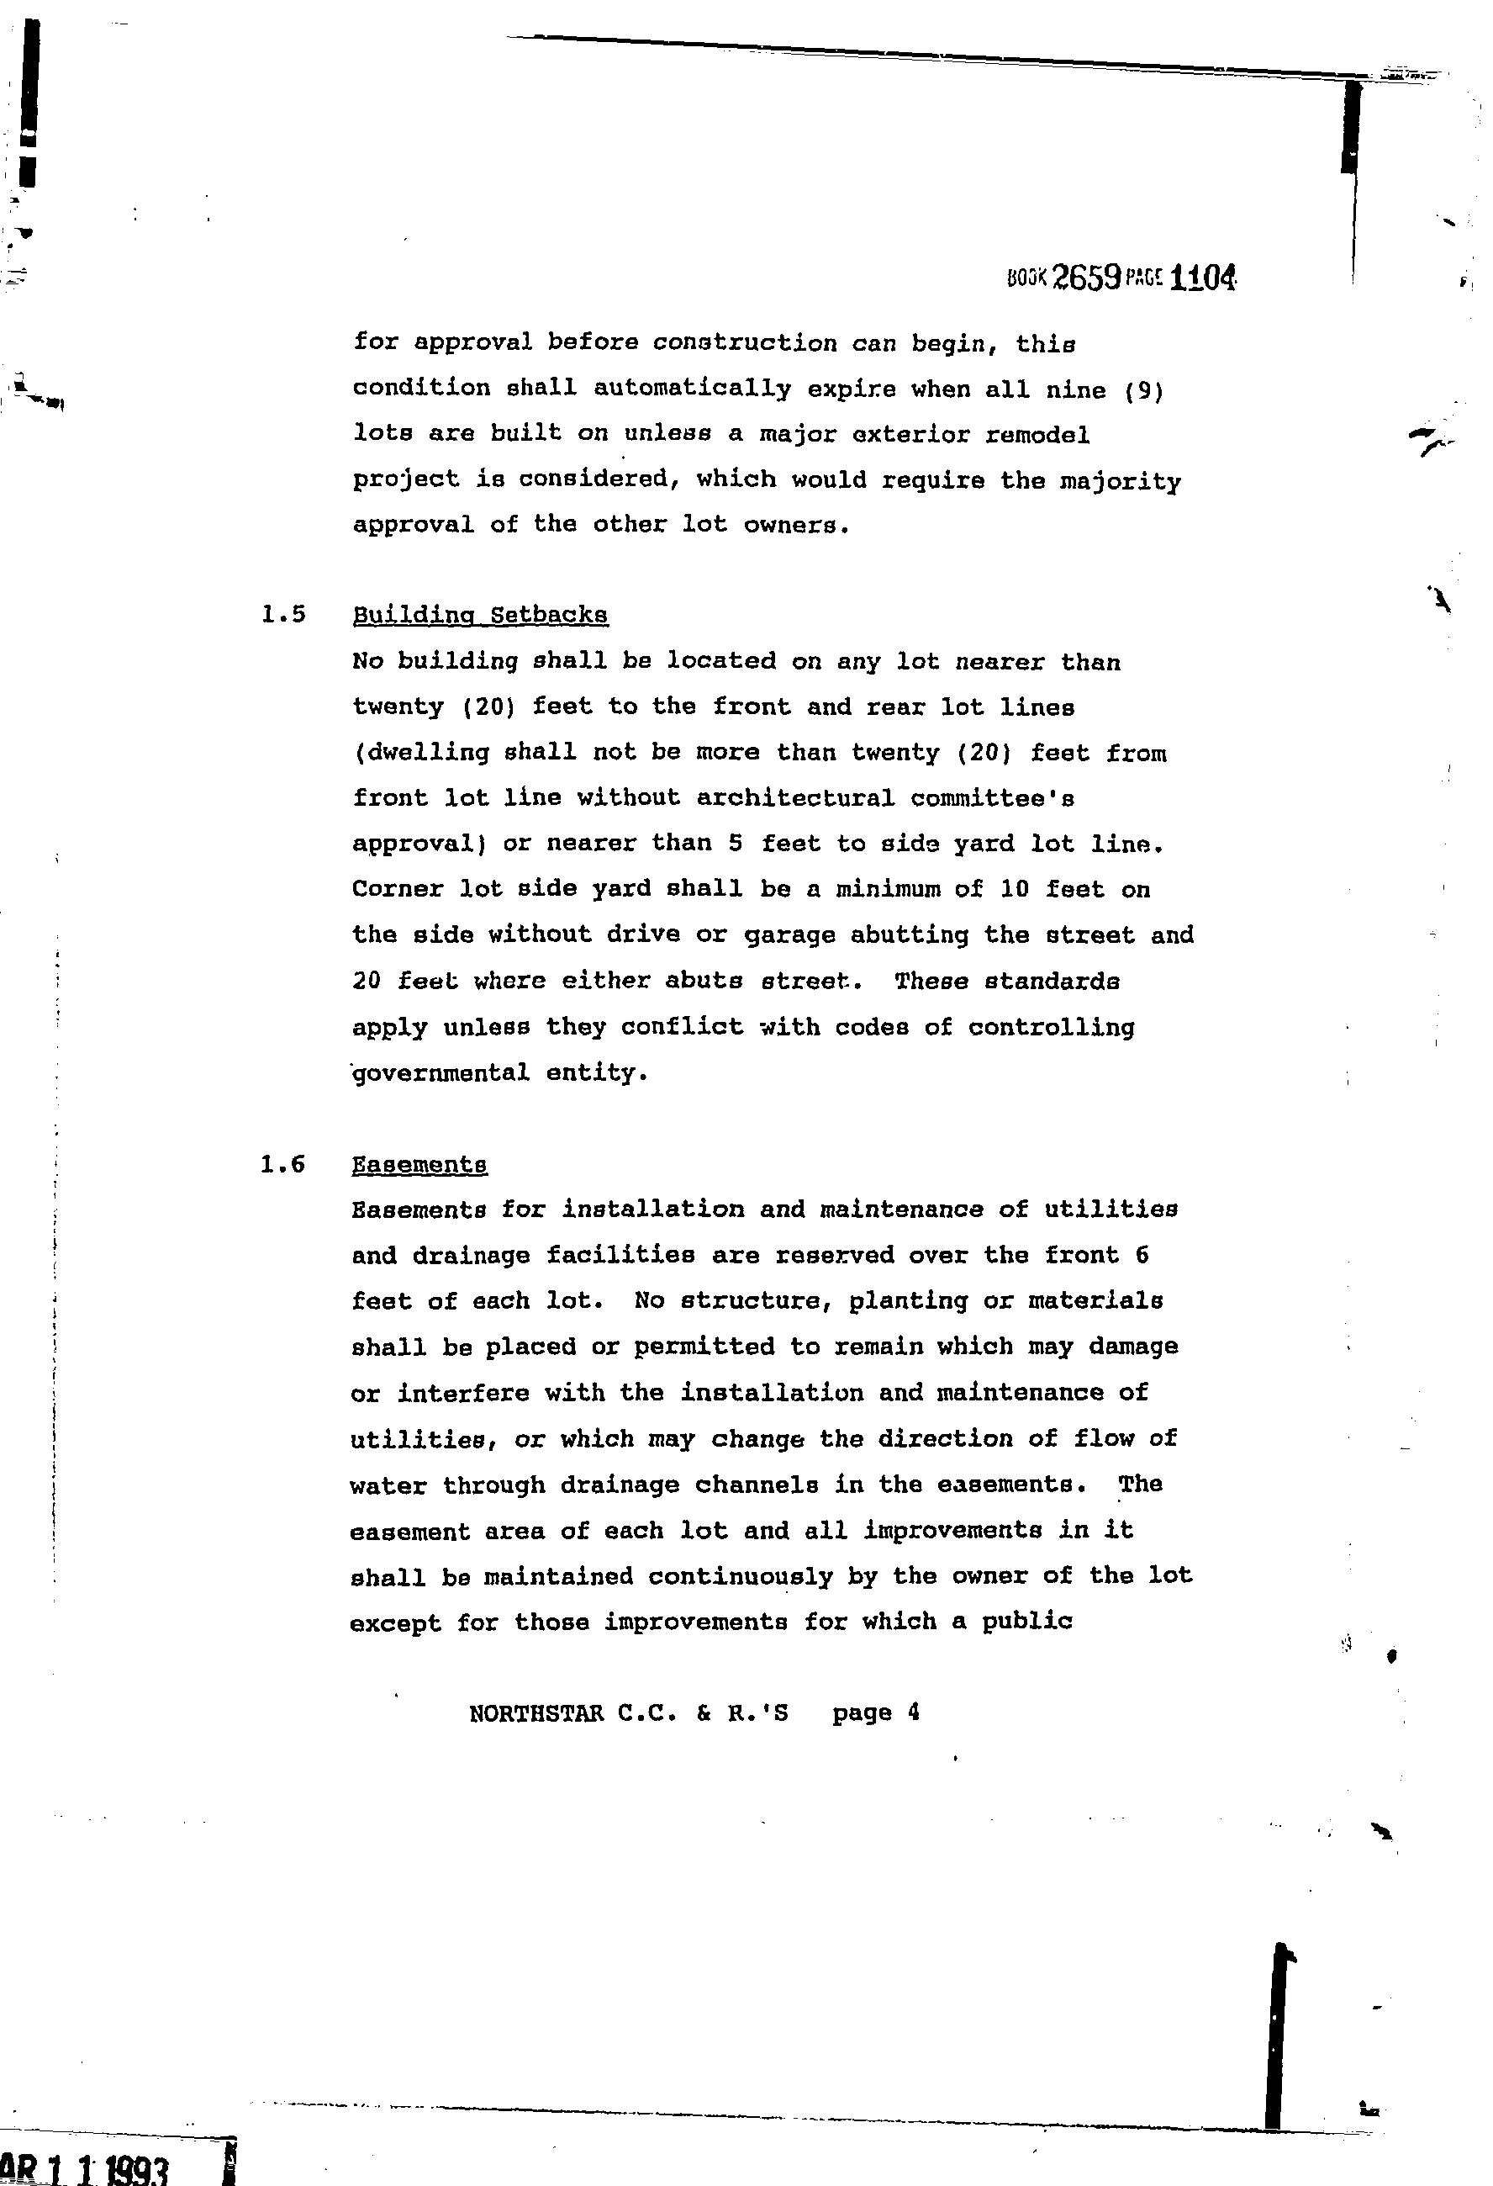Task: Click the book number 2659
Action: (1086, 277)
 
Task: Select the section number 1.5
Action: (284, 615)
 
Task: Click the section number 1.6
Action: (283, 1164)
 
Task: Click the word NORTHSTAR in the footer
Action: (535, 1712)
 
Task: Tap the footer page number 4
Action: (913, 1712)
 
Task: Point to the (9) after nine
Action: (1144, 389)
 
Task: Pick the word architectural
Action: (794, 797)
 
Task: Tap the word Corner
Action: (397, 889)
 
